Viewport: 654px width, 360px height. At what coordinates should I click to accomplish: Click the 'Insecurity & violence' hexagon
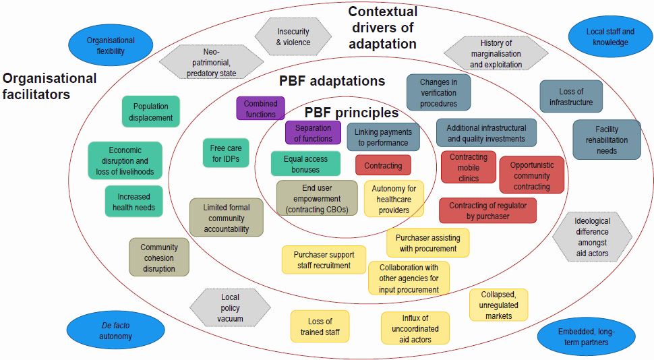coord(293,36)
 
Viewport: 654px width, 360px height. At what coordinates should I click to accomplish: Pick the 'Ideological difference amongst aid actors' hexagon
coord(593,237)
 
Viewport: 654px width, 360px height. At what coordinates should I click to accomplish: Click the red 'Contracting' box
coord(383,165)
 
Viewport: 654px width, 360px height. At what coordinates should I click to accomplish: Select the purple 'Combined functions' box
coord(260,109)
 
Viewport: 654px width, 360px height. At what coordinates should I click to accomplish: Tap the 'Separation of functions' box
coord(313,133)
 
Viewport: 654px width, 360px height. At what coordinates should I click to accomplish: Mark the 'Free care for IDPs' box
coord(225,153)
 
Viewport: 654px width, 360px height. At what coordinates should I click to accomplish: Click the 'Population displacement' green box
coord(151,112)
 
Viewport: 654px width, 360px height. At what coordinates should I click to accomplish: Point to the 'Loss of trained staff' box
coord(320,326)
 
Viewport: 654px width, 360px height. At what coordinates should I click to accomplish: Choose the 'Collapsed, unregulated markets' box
coord(498,305)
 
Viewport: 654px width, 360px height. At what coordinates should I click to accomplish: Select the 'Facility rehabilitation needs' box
coord(606,140)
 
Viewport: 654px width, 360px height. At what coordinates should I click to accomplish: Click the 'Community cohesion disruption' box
coord(159,257)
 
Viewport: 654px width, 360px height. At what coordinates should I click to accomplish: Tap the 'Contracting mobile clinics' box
coord(468,167)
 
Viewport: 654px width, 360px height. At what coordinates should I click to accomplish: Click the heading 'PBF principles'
coord(351,113)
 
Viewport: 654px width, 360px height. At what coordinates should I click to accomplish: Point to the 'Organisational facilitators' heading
coord(49,86)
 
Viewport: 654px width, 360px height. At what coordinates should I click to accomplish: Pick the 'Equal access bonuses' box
coord(305,164)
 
